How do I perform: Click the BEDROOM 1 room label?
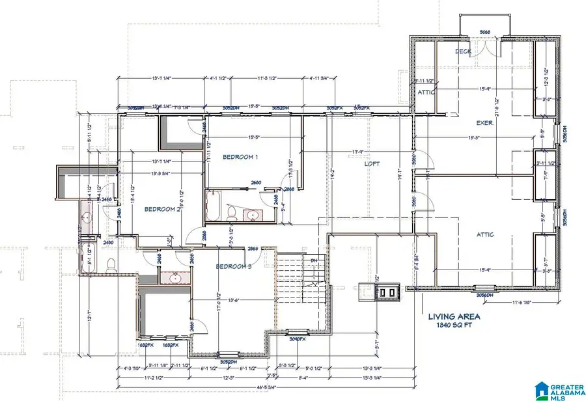[240, 158]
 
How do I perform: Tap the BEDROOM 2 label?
[162, 209]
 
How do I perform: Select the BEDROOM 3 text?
[232, 267]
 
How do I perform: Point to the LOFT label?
[372, 165]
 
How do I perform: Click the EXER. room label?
[484, 123]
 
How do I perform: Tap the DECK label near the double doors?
[463, 51]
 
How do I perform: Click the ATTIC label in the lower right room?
[484, 235]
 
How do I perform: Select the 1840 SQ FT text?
[454, 326]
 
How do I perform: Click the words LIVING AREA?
[454, 317]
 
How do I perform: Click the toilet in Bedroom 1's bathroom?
[232, 213]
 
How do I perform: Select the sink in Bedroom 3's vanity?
[174, 278]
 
